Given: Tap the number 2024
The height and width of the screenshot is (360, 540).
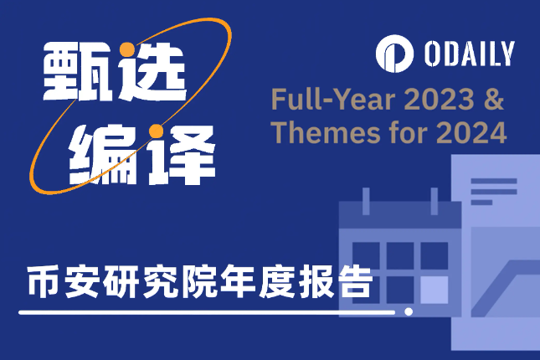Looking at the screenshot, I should click(x=476, y=132).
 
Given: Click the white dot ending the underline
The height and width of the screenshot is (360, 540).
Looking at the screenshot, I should click(x=409, y=312).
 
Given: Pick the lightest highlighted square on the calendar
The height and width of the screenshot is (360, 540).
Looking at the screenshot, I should click(x=435, y=289).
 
